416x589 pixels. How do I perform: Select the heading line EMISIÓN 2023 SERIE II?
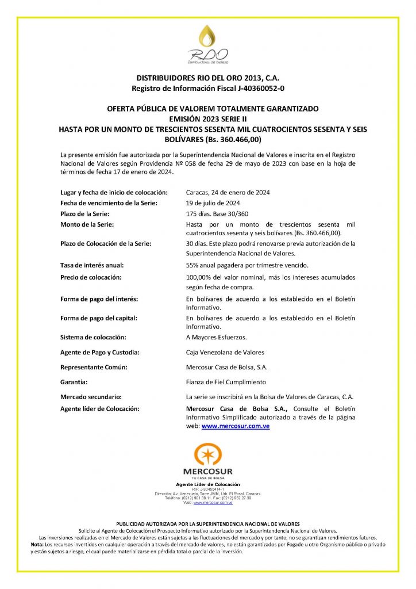[207, 118]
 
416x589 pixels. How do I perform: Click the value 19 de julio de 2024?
[213, 203]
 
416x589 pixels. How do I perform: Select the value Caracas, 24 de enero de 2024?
[228, 192]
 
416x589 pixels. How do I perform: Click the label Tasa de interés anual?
[92, 265]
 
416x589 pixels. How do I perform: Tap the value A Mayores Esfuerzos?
[216, 337]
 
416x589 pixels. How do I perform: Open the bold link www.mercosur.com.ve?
[236, 426]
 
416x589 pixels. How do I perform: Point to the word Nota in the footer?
[37, 544]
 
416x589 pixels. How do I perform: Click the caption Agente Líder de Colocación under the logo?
[208, 485]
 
